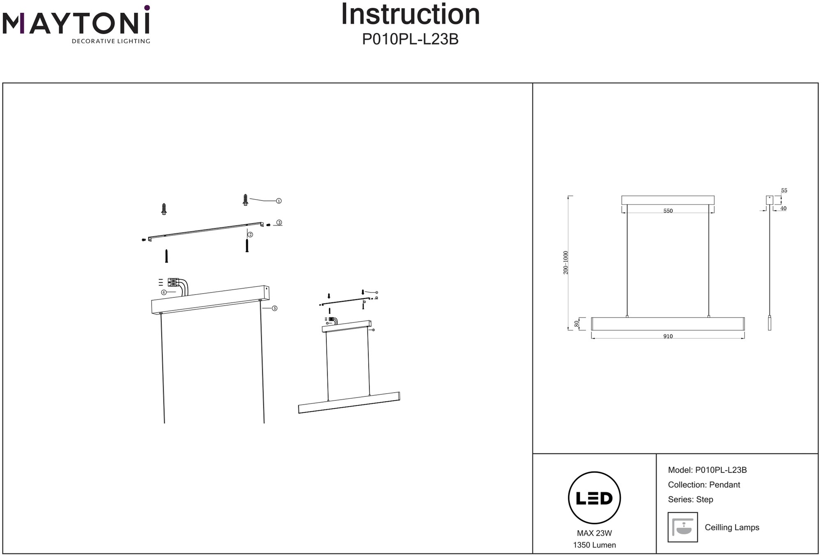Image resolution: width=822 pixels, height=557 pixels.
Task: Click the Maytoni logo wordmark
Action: tap(76, 23)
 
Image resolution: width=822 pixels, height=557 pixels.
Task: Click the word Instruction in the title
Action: tap(411, 15)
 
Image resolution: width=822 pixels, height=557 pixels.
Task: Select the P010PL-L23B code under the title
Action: tap(410, 39)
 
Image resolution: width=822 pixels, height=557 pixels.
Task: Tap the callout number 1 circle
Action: tap(279, 201)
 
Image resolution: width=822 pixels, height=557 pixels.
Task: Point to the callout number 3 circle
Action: tap(279, 223)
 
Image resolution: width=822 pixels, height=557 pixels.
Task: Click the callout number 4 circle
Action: tap(164, 292)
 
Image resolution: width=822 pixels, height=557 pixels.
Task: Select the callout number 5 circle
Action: tap(275, 308)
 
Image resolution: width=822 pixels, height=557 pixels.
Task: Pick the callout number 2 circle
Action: tap(250, 235)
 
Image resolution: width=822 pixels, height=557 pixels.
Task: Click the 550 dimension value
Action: tap(668, 211)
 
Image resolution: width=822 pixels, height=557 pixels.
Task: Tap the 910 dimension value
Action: tap(668, 336)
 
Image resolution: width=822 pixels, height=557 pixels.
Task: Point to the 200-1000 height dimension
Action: tap(566, 262)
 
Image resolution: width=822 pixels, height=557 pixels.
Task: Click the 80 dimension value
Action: tap(577, 324)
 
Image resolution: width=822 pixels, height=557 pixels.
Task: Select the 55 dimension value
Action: tap(784, 191)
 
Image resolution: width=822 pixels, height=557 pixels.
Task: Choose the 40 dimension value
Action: tap(783, 209)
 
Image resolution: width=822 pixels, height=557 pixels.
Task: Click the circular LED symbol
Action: tap(594, 498)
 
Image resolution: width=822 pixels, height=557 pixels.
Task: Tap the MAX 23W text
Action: tap(594, 533)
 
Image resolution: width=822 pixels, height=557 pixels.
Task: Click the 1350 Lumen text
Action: tap(594, 545)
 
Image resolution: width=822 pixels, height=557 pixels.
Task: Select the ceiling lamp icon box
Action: tap(683, 527)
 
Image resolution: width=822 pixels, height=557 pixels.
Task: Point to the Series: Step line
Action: tap(690, 499)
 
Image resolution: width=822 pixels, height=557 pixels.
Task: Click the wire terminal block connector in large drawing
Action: tap(173, 283)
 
